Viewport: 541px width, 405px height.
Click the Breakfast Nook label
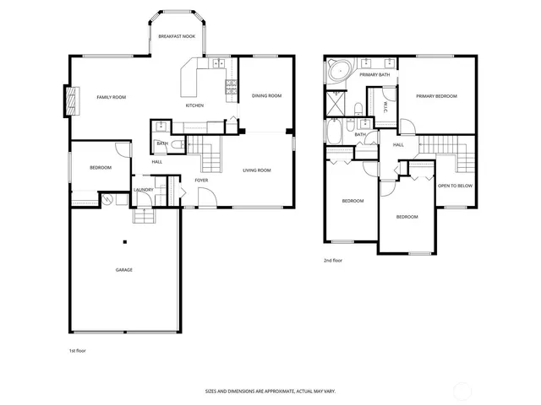click(177, 37)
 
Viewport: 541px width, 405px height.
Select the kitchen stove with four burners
click(229, 85)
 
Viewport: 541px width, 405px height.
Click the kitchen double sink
click(218, 62)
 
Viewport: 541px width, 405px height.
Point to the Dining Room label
click(267, 96)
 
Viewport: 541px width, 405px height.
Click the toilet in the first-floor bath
click(176, 146)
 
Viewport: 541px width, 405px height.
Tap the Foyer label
click(201, 180)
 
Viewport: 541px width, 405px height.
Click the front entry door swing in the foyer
click(206, 197)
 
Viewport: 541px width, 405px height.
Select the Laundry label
click(144, 190)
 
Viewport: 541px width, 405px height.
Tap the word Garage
click(124, 270)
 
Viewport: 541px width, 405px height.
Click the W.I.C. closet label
click(385, 105)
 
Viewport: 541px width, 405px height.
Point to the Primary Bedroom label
click(436, 96)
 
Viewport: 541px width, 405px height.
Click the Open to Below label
click(455, 186)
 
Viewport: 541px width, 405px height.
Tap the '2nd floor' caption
click(334, 261)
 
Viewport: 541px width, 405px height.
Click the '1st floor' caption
click(78, 349)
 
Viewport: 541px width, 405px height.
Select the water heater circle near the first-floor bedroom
click(107, 201)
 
